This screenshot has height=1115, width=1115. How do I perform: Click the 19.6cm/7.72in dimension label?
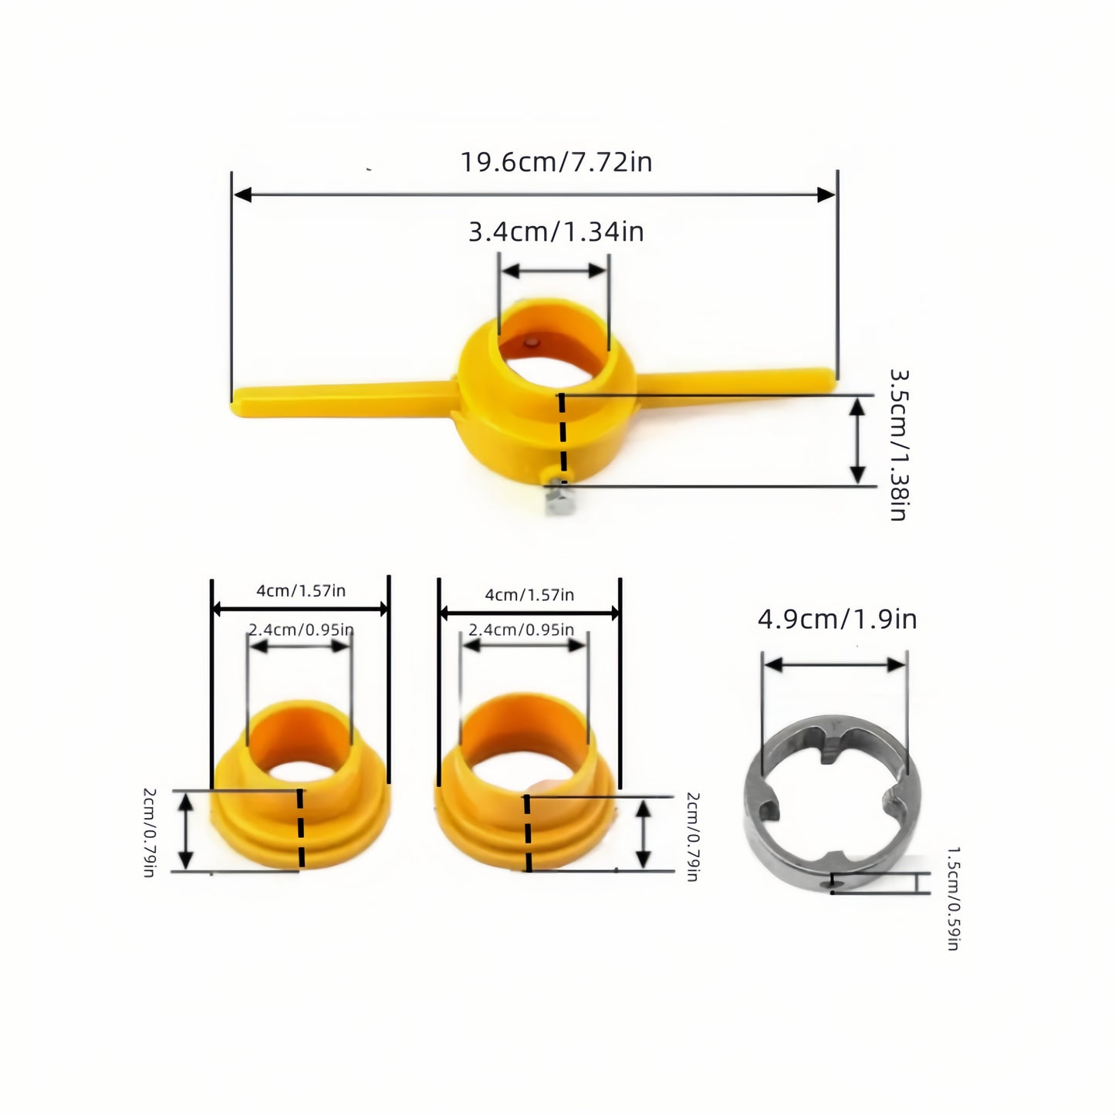coord(556,163)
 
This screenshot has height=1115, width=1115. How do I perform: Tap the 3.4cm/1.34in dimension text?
coord(556,231)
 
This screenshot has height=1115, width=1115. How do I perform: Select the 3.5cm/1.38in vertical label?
coord(897,445)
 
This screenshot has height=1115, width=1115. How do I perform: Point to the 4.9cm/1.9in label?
coord(836,620)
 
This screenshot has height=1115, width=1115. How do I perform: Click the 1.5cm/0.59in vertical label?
coord(953,898)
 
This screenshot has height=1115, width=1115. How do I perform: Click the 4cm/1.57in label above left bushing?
coord(301,591)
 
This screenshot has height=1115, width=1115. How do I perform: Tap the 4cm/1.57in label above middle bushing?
coord(529,595)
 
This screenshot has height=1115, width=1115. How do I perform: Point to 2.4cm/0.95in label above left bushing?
coord(301,630)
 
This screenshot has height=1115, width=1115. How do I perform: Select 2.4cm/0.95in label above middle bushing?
coord(522,630)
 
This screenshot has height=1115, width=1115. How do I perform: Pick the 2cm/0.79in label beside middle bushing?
coord(692,836)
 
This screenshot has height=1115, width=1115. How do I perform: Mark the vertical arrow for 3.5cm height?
coord(857,441)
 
